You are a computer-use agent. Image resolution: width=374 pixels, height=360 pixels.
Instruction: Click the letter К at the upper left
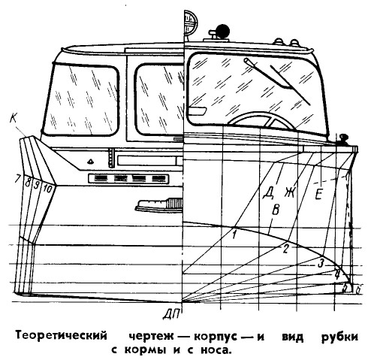point(14,118)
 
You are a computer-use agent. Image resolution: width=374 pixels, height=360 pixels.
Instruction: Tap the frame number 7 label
point(17,179)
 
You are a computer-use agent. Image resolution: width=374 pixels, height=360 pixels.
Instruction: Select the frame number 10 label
point(47,189)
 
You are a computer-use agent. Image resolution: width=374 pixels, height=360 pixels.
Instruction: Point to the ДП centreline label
point(171,314)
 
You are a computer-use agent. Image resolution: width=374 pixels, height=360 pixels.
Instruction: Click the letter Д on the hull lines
point(268,193)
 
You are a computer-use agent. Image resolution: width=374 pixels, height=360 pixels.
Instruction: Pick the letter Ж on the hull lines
point(290,192)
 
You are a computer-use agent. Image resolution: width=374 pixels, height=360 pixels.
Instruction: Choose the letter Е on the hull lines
point(318,195)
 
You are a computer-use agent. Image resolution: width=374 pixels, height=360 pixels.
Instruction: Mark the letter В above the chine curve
point(276,210)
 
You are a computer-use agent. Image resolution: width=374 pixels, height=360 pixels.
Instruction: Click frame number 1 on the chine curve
point(234,234)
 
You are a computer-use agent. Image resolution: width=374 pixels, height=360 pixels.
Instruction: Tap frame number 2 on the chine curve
point(285,249)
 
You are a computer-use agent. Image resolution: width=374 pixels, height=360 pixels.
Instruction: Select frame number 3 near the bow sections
point(320,264)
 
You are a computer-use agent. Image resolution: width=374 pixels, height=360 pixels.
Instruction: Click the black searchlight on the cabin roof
point(222,31)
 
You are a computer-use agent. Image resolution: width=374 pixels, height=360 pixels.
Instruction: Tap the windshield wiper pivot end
point(246,60)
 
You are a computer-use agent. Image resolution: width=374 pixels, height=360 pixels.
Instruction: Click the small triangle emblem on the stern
point(90,162)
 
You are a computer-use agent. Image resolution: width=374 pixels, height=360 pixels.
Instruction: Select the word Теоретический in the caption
point(62,336)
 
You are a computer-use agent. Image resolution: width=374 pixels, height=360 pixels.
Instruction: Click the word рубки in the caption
point(339,337)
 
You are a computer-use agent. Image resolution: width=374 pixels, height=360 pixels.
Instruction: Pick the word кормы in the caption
point(145,350)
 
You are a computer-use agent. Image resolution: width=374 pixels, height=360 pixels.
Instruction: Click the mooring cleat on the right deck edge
point(342,139)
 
